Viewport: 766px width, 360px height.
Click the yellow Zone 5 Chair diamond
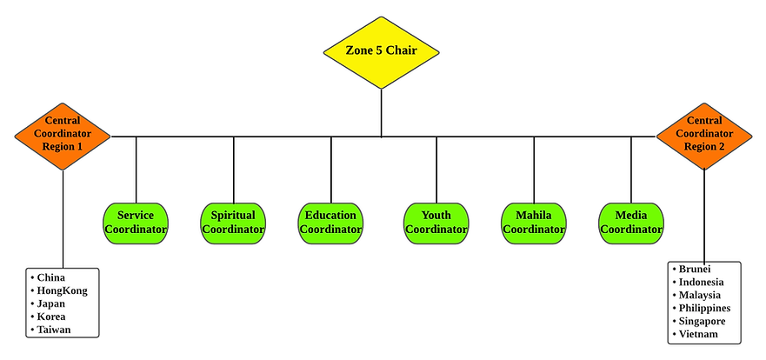(x=381, y=51)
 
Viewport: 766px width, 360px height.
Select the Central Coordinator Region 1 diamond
(x=63, y=135)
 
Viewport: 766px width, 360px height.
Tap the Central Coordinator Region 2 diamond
(x=704, y=135)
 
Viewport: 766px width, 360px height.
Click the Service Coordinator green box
(x=136, y=223)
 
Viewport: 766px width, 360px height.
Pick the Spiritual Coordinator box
(x=233, y=223)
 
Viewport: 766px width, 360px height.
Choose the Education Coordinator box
(x=330, y=223)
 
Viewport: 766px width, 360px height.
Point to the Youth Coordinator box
(x=436, y=223)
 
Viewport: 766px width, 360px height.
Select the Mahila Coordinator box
(x=534, y=223)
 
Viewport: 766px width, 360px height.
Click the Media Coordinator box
(x=631, y=223)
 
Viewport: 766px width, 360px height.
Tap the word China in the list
(x=51, y=277)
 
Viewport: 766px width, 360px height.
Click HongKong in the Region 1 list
(x=62, y=290)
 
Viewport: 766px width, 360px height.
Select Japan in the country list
(x=51, y=303)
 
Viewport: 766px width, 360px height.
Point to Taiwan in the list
(x=54, y=330)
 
